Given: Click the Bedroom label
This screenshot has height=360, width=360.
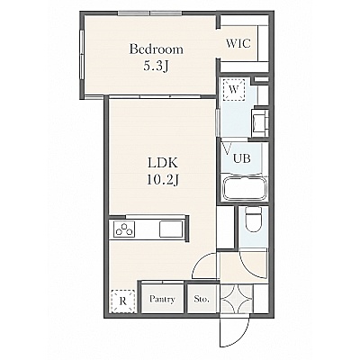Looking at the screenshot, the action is click(x=156, y=49).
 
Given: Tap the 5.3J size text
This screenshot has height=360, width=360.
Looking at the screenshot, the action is click(x=155, y=66).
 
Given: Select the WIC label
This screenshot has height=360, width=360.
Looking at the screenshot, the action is click(x=238, y=44).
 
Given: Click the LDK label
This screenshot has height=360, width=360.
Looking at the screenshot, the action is click(x=163, y=163).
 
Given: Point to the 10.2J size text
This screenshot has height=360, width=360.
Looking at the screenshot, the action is click(x=163, y=180).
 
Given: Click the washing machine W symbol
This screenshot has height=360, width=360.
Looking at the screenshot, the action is click(x=234, y=89).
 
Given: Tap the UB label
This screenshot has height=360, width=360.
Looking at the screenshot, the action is click(x=242, y=158).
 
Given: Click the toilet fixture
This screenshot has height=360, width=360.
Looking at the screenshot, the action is click(x=253, y=220).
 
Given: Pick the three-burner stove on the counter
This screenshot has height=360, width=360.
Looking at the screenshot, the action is click(x=124, y=230).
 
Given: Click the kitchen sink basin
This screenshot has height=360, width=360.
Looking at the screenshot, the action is click(x=171, y=229).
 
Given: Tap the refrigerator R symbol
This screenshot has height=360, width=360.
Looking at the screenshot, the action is click(x=122, y=301).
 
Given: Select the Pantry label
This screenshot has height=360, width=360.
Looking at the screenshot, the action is click(x=162, y=299).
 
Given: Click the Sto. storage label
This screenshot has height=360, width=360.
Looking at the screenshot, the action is click(x=202, y=299).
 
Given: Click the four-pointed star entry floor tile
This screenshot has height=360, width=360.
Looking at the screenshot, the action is click(x=237, y=299).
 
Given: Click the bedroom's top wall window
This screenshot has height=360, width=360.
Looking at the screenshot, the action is click(x=150, y=13).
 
